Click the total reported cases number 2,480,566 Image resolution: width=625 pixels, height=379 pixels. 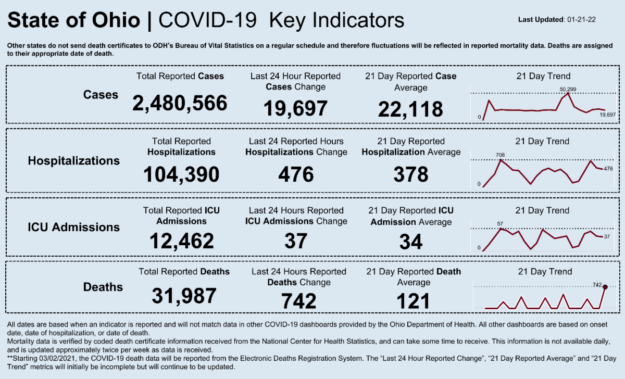[180, 103]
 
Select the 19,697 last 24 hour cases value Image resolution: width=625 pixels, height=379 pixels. [295, 108]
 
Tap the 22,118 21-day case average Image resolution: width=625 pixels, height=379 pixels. [411, 109]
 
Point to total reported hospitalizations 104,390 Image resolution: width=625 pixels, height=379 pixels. [181, 174]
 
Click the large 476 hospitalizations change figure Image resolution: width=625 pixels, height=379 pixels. [295, 174]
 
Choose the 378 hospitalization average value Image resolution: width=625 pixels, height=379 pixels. [411, 174]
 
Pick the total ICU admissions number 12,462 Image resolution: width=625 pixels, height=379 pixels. [182, 241]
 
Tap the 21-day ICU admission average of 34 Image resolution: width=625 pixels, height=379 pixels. [411, 242]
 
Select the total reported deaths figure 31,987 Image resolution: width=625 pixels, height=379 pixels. [184, 296]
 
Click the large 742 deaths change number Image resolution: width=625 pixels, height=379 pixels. [298, 301]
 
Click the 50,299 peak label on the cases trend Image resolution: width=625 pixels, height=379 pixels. [568, 90]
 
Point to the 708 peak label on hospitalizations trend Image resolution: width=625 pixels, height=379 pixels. [501, 155]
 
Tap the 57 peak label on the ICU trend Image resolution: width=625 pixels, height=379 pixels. [500, 223]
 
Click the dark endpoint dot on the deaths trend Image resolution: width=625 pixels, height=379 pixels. [605, 287]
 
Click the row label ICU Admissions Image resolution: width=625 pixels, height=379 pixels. [73, 227]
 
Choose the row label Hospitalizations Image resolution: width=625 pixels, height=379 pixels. [73, 161]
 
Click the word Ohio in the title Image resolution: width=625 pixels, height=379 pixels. [114, 20]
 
